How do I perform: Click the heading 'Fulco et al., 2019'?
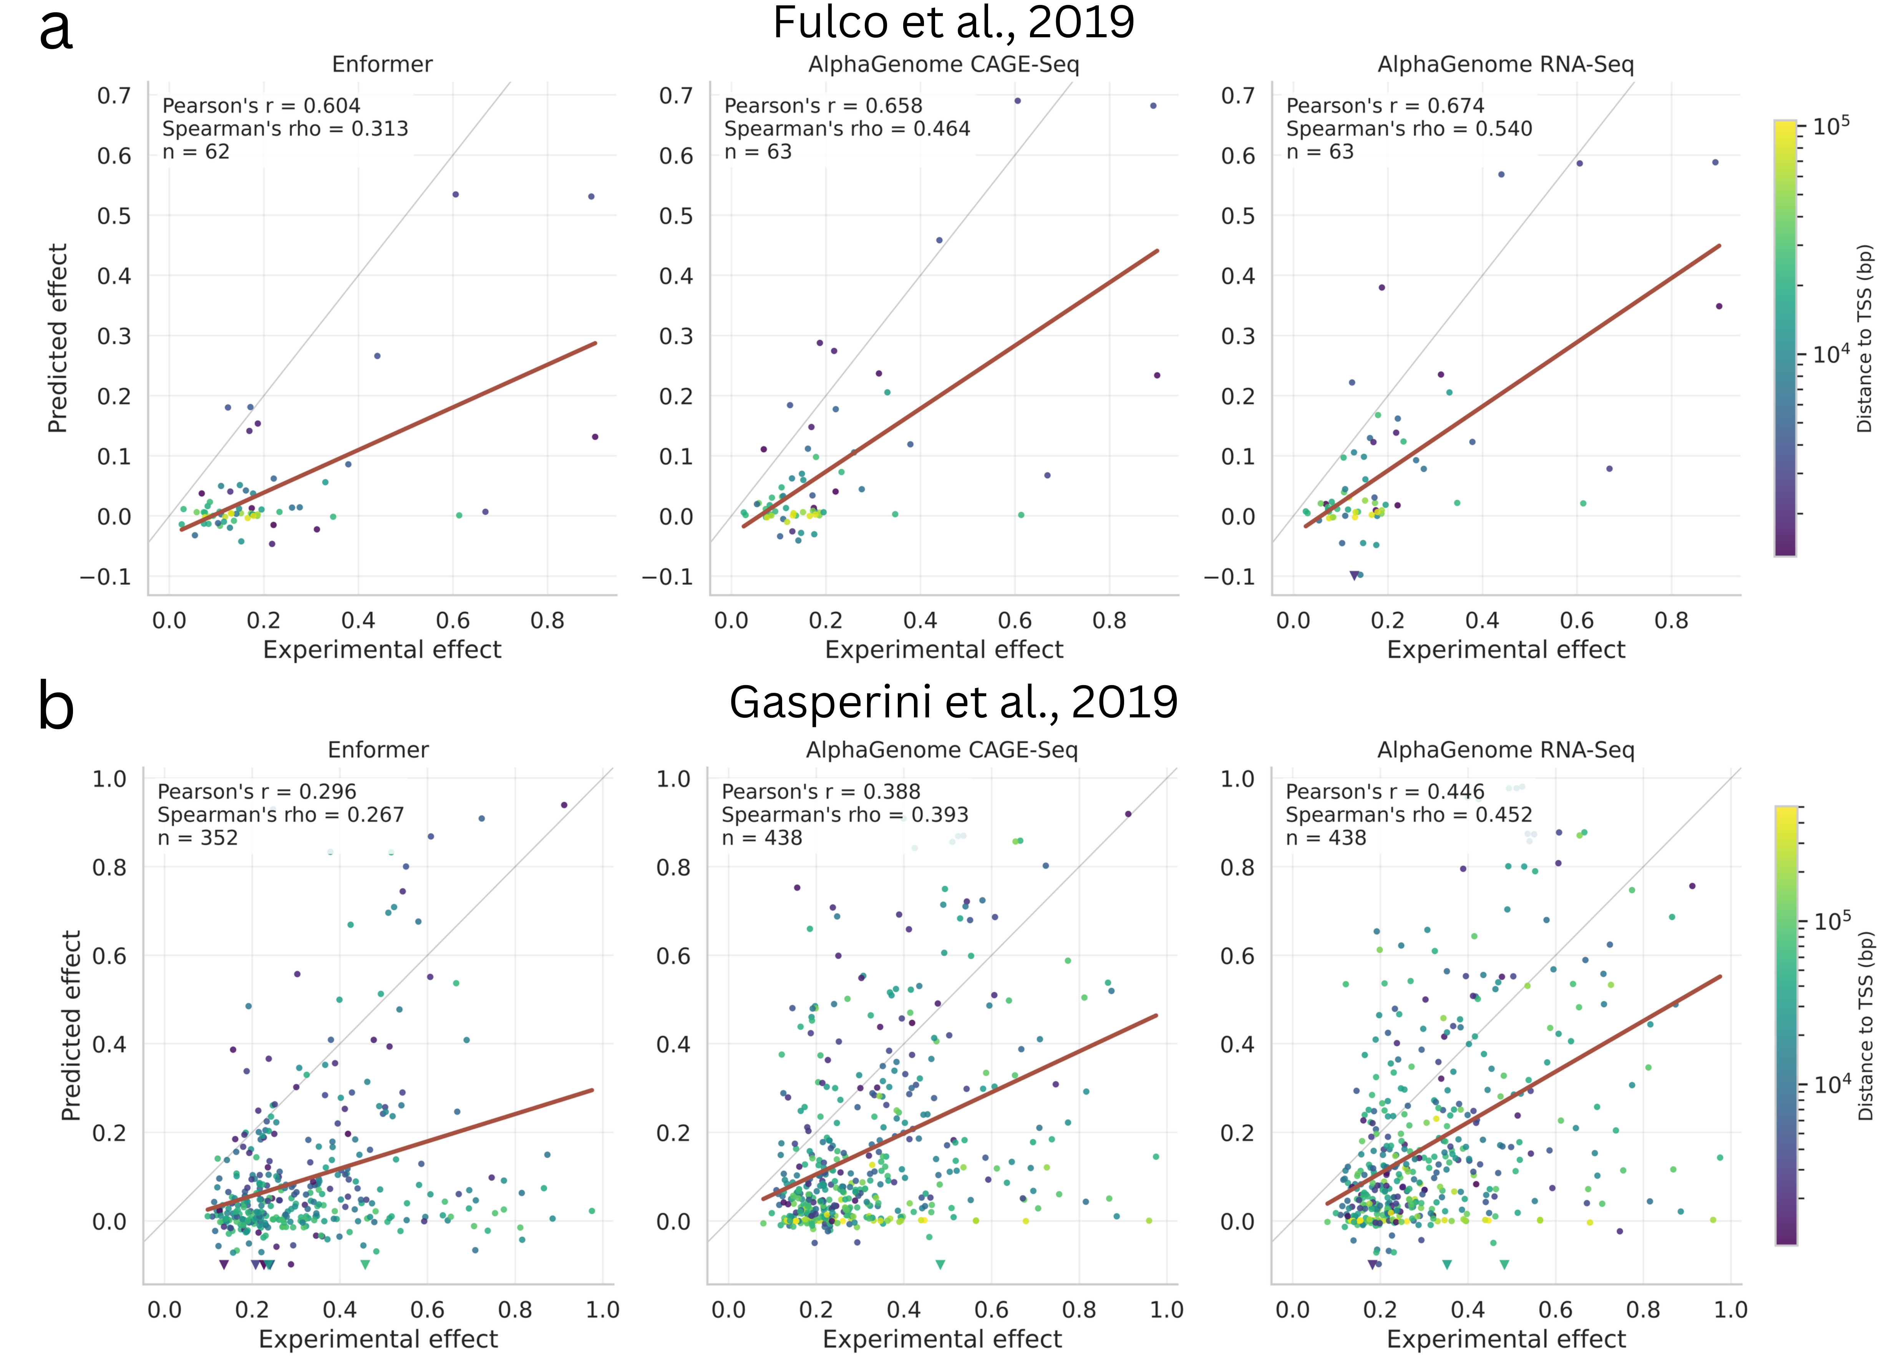point(954,23)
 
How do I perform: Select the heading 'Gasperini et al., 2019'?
point(954,702)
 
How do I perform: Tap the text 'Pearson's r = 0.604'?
point(261,106)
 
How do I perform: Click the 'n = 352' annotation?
point(197,838)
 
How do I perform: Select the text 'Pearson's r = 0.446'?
point(1384,791)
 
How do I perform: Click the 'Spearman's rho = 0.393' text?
point(844,815)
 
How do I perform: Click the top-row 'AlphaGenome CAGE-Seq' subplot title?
point(944,64)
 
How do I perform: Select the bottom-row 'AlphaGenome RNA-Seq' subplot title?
point(1506,750)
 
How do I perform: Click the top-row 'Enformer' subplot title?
point(382,64)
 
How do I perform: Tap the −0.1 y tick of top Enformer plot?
point(106,576)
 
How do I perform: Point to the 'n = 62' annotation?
point(196,152)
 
